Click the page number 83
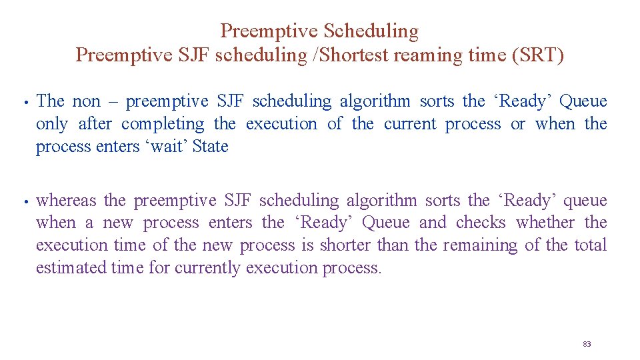coord(587,344)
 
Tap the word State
coord(210,147)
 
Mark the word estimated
coord(71,268)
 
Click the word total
coord(590,245)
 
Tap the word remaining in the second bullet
coord(477,246)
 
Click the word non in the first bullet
coord(85,102)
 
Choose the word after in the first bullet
coord(95,124)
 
